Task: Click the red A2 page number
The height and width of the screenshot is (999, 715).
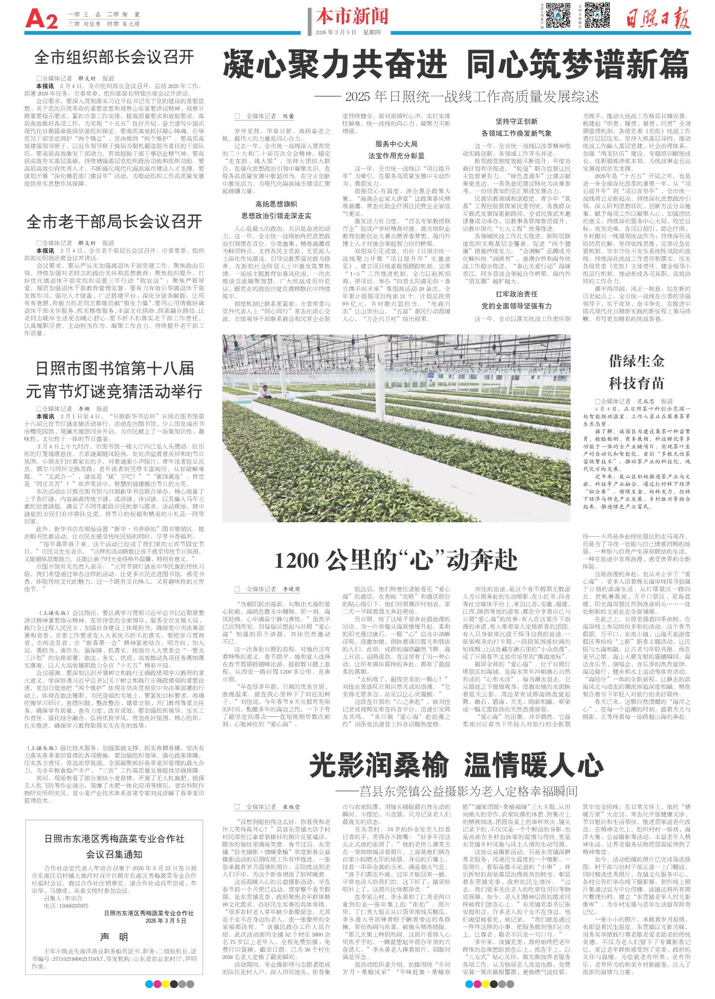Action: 41,20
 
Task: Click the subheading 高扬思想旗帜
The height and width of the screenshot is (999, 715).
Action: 277,204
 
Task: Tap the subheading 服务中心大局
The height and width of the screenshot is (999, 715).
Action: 397,143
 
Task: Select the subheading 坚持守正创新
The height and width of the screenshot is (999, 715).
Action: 517,122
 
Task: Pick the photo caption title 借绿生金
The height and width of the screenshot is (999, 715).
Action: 636,361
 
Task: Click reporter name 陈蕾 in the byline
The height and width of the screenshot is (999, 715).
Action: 288,116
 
